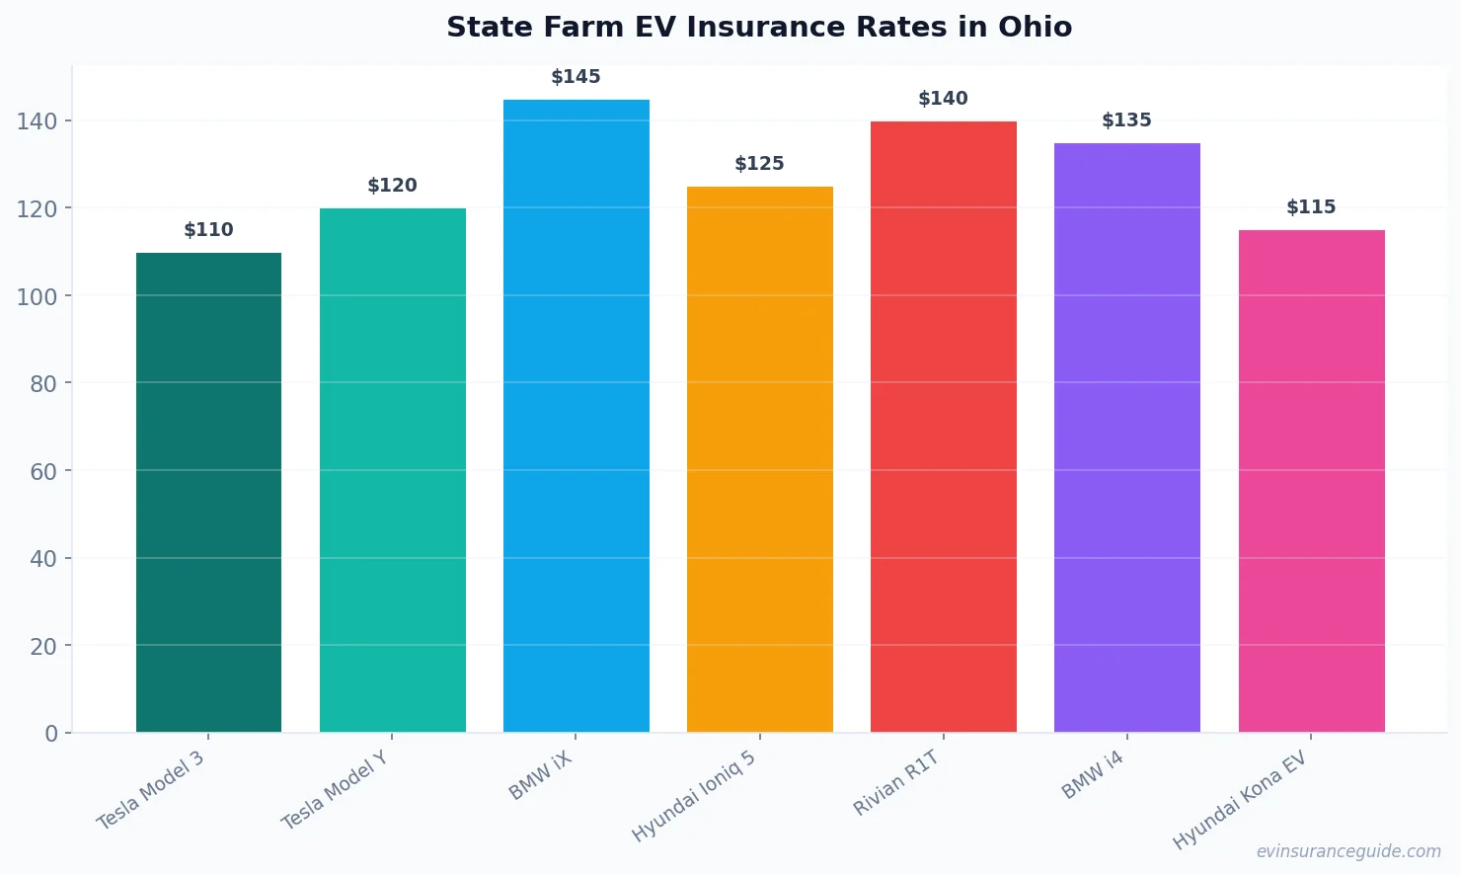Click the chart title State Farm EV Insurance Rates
coord(758,28)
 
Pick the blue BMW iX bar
coord(576,416)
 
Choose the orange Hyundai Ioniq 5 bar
coord(759,459)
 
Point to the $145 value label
coord(576,77)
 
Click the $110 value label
coord(208,230)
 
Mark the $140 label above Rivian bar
coord(943,99)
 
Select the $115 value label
coord(1311,207)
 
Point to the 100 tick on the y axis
coord(37,296)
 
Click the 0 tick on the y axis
coord(51,734)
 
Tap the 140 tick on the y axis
coord(37,121)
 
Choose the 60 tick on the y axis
coord(43,471)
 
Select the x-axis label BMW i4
coord(1093,775)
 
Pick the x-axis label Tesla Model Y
coord(335,790)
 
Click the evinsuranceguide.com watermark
coord(1348,851)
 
